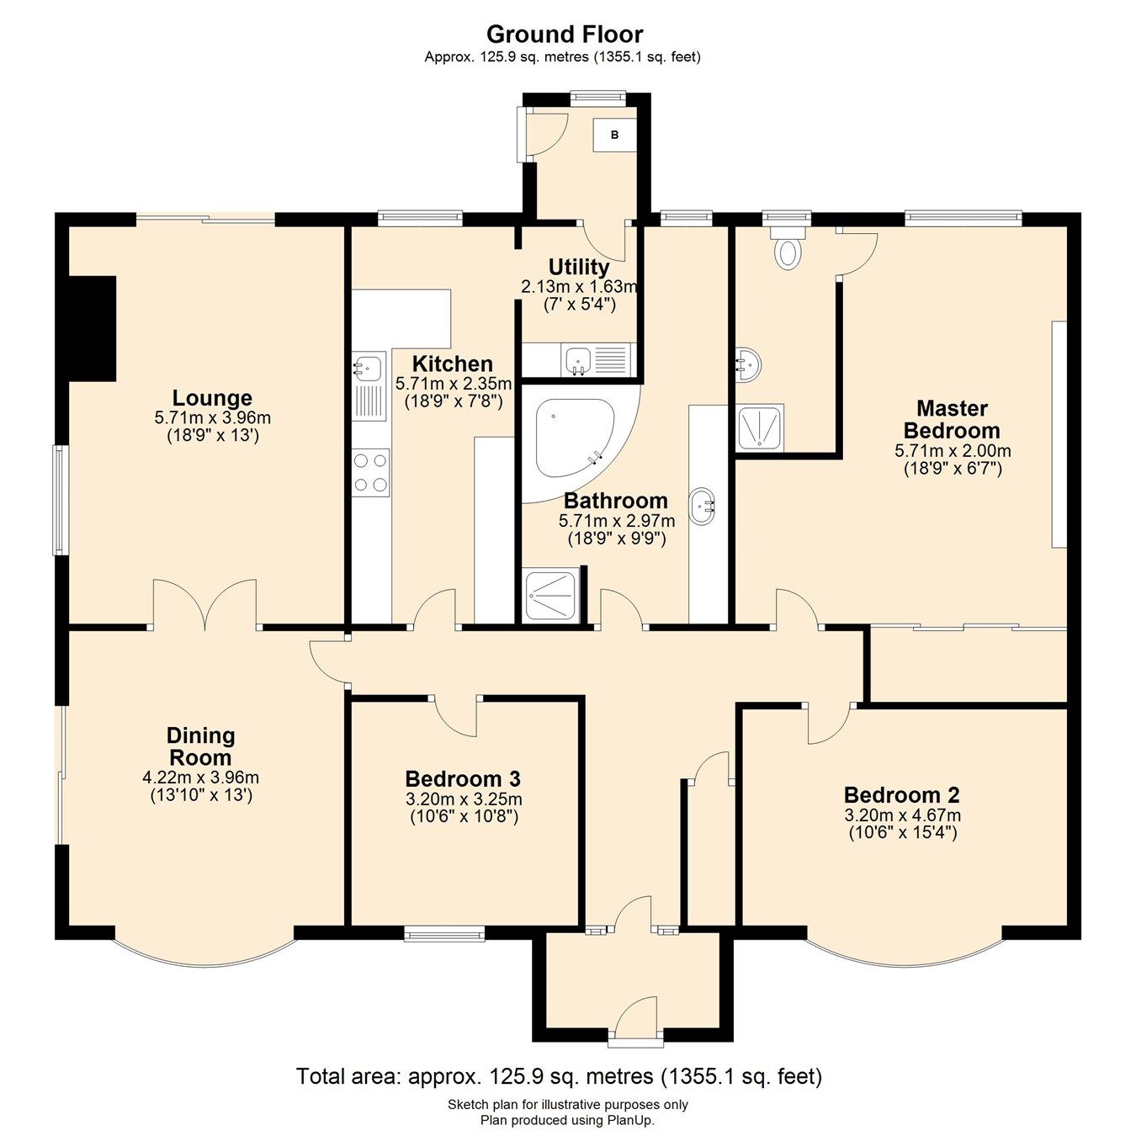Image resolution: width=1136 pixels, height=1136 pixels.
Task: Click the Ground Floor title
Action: pos(564,35)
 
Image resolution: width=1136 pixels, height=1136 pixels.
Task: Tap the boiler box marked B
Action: pos(614,135)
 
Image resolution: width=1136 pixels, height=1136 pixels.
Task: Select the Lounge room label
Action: pos(212,398)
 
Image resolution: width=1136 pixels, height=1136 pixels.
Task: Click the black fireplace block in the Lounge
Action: pos(92,329)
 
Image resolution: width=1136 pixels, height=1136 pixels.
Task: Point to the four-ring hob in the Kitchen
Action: pos(371,472)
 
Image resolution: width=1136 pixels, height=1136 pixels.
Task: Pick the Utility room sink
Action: pos(578,360)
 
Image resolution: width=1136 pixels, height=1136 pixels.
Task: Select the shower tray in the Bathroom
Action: pos(550,597)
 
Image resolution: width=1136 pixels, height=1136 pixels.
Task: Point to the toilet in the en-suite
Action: pos(787,250)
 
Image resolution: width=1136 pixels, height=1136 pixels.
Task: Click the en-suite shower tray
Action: pos(760,427)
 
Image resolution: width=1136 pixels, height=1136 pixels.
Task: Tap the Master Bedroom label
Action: pos(952,419)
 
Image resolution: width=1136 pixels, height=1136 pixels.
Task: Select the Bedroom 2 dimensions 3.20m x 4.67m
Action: pos(902,815)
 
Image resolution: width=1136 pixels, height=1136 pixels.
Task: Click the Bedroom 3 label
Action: pos(463,778)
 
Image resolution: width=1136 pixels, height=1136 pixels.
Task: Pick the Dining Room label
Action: pos(200,746)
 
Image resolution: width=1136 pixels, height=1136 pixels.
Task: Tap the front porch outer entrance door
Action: pos(635,1020)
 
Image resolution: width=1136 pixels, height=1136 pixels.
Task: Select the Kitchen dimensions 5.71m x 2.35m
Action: pos(453,384)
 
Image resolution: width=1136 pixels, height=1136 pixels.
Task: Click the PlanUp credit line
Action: pos(567,1120)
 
